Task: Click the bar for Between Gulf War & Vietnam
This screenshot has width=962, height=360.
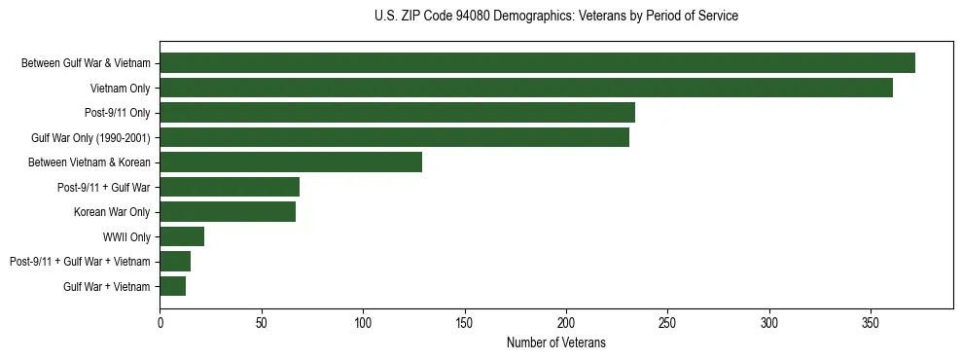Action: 537,63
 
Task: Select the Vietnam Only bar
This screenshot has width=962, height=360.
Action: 526,88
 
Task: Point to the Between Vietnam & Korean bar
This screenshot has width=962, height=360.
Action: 291,162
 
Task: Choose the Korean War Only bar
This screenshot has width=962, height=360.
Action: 228,212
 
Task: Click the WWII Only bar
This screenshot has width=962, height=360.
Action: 182,236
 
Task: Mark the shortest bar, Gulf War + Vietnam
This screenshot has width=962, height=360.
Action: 173,286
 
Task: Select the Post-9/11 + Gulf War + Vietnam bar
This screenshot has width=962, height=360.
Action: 175,262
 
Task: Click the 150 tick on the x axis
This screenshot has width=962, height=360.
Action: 465,320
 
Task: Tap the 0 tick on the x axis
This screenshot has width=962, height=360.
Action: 160,320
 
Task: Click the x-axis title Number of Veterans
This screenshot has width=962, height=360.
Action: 556,342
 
